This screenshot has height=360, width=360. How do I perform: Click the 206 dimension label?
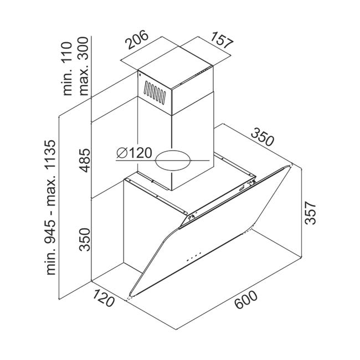tap(137, 40)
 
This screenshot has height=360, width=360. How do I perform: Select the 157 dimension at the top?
tap(222, 40)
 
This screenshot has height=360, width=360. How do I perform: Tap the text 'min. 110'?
tap(67, 69)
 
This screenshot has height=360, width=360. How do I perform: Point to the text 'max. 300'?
tap(83, 66)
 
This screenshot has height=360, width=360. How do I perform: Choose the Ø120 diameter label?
tap(135, 153)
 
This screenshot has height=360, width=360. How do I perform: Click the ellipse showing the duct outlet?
tap(173, 161)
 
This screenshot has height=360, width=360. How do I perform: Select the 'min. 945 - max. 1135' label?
tap(51, 207)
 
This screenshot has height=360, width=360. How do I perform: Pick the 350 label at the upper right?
tap(262, 137)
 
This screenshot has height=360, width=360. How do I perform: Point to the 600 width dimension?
tap(246, 300)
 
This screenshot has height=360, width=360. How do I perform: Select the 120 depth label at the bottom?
tap(103, 298)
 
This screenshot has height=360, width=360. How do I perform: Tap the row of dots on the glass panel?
tap(194, 256)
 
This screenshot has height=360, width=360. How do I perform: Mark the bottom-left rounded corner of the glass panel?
tap(130, 294)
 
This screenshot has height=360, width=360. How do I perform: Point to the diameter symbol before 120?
tap(122, 153)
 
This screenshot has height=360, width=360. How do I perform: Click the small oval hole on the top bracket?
tap(241, 189)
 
